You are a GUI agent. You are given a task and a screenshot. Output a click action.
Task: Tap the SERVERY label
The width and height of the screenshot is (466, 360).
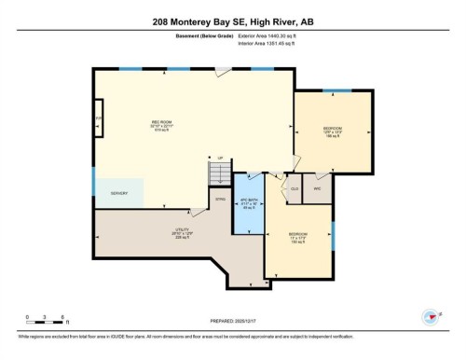tap(118, 193)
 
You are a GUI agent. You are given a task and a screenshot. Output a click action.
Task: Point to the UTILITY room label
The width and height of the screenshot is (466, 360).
tap(183, 230)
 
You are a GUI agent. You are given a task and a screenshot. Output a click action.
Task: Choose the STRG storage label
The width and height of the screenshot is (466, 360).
tap(220, 200)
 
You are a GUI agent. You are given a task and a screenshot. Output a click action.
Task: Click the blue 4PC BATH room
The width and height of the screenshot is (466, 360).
tap(247, 202)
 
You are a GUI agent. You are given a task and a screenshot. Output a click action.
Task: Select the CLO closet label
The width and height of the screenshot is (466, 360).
tap(294, 187)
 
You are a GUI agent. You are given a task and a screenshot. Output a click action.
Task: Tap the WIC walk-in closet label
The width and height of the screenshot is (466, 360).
tap(316, 187)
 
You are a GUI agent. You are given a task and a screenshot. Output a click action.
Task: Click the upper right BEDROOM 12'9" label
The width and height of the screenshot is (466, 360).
tap(334, 131)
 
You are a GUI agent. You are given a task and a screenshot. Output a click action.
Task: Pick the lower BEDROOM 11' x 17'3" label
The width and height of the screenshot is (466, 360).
tap(298, 236)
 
